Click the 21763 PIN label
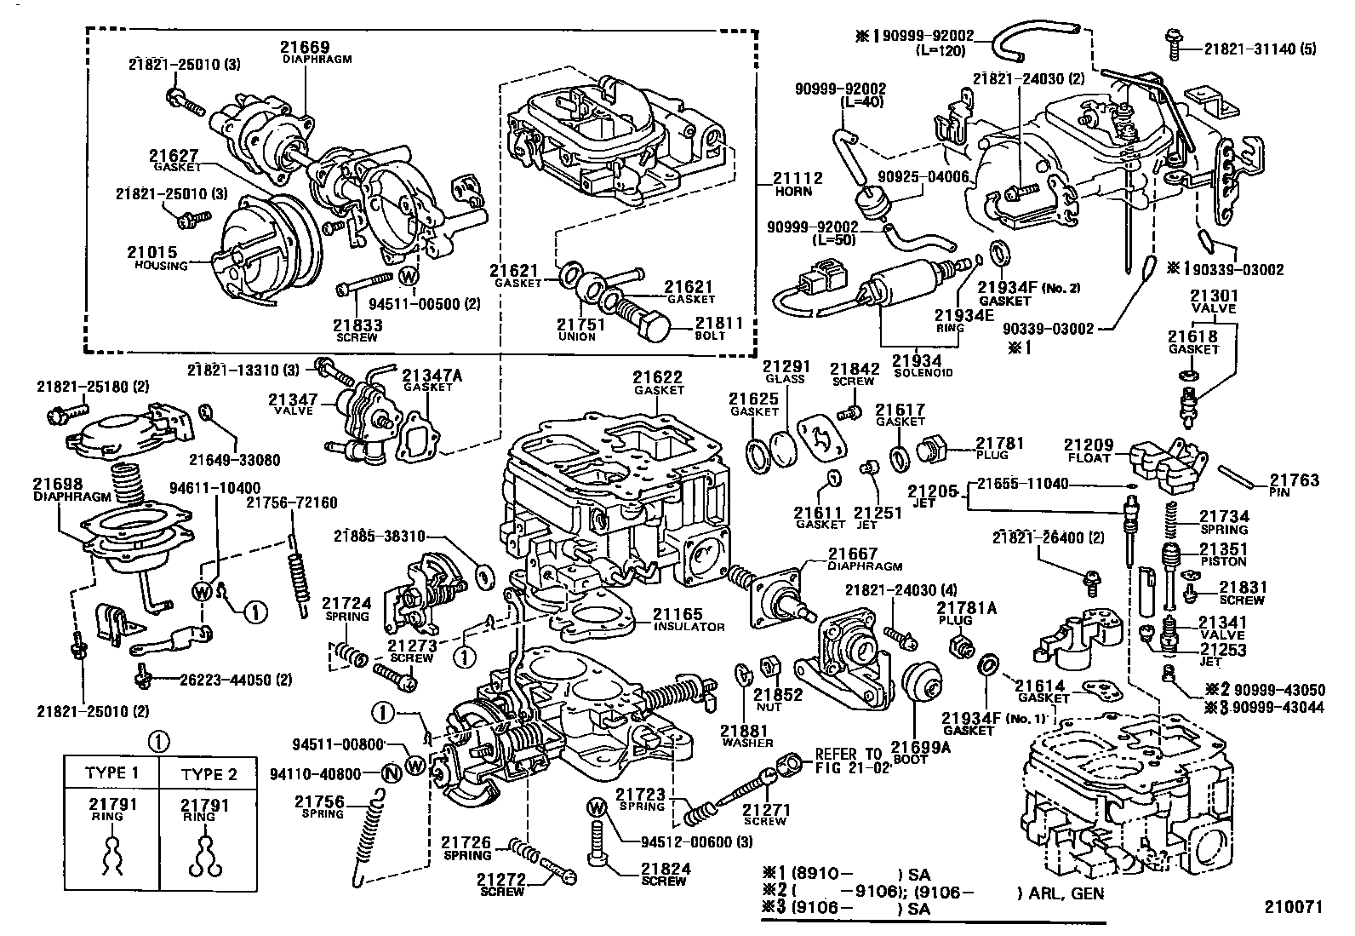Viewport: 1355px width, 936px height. tap(1294, 485)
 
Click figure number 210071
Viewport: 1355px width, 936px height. tap(1294, 907)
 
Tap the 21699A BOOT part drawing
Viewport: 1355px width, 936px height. tap(923, 692)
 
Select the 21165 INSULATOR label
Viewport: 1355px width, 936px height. tap(689, 619)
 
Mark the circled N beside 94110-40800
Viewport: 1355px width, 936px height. tap(392, 773)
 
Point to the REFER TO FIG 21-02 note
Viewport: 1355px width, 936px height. tap(852, 760)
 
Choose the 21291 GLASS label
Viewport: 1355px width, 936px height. tap(784, 372)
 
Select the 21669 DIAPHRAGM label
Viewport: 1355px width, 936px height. tap(305, 52)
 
